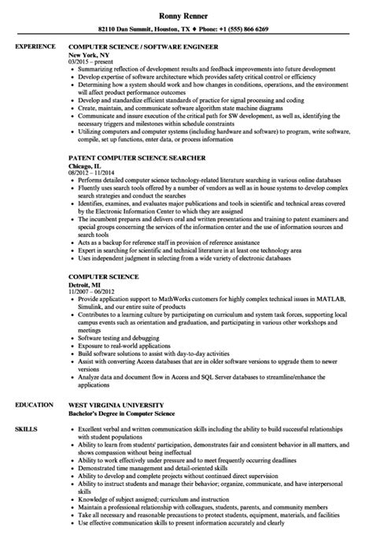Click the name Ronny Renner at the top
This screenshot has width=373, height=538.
186,14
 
